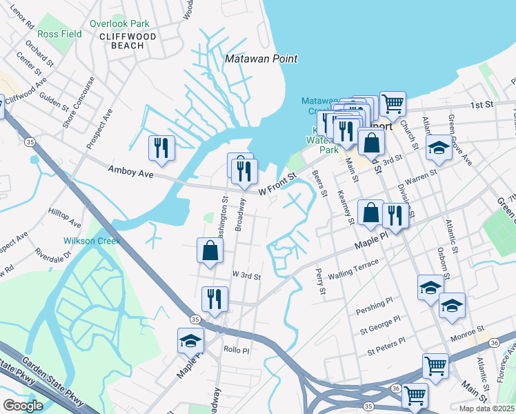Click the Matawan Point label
pos(261,59)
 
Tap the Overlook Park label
pos(119,23)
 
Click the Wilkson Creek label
pos(92,241)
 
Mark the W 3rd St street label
pos(246,275)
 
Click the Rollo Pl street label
pos(236,350)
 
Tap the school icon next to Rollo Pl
pos(191,341)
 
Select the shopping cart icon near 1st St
pos(393,103)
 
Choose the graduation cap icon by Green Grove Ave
pos(439,148)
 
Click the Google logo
pos(23,405)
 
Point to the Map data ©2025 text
pos(487,408)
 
